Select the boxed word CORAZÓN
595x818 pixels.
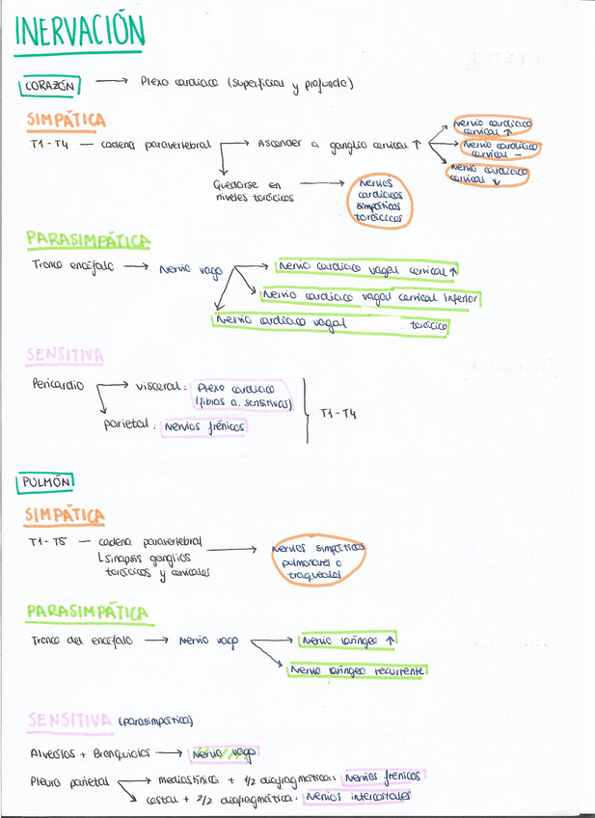pos(48,86)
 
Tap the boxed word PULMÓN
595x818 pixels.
pos(46,480)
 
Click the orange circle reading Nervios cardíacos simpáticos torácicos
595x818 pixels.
pos(380,200)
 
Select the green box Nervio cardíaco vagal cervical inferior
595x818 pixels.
pos(370,297)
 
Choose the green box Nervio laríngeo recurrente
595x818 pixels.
pos(358,669)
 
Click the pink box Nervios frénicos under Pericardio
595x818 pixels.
pos(204,425)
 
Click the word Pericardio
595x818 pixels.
pos(57,385)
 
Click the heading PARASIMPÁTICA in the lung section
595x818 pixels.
pos(87,612)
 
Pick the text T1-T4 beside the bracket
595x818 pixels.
pos(338,413)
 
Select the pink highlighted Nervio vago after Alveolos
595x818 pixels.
pos(224,753)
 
